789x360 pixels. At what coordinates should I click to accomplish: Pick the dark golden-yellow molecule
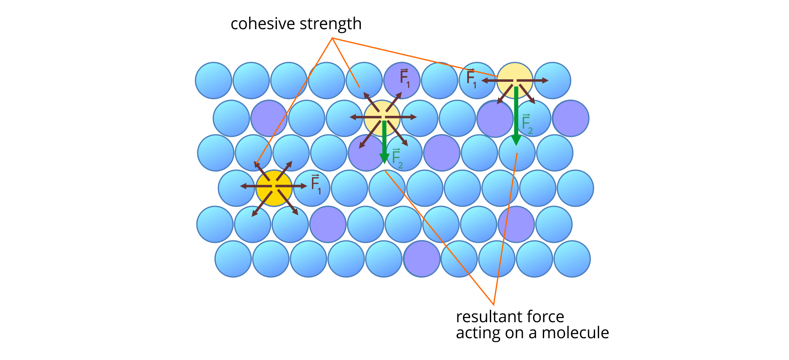[x=274, y=188]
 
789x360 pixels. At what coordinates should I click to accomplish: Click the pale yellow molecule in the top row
[x=515, y=81]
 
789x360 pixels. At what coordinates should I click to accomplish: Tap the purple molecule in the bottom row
[x=422, y=259]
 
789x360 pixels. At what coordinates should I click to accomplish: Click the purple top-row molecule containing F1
[x=401, y=81]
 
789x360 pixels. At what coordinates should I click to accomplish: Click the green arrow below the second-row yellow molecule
[x=384, y=142]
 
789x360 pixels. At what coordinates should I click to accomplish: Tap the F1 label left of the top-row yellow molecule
[x=471, y=78]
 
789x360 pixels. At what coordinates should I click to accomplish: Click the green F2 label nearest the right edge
[x=526, y=124]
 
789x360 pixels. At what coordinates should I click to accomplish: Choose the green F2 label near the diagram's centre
[x=397, y=158]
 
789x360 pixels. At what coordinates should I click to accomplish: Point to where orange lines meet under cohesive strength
[x=332, y=38]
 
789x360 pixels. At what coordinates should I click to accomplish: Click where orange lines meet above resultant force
[x=493, y=304]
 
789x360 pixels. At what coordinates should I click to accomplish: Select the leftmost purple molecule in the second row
[x=269, y=118]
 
